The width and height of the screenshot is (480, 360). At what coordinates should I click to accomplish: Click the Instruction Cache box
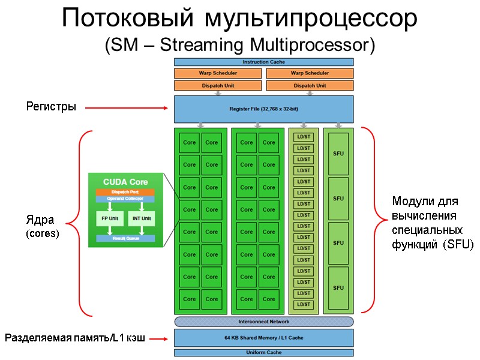pyautogui.click(x=263, y=62)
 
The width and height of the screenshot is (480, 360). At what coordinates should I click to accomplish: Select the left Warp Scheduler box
pyautogui.click(x=218, y=73)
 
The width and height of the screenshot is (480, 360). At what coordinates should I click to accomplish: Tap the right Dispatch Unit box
pyautogui.click(x=310, y=86)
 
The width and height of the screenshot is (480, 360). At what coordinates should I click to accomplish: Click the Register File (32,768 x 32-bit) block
pyautogui.click(x=263, y=109)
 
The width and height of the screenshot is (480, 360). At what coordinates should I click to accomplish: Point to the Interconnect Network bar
pyautogui.click(x=263, y=322)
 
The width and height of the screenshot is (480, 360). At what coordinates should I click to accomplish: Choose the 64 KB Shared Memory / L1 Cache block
pyautogui.click(x=263, y=338)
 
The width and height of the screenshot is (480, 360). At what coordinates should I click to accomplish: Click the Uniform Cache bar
pyautogui.click(x=263, y=353)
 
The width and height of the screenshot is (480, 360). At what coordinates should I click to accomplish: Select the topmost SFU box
pyautogui.click(x=338, y=153)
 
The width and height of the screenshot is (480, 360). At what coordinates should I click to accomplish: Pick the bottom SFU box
pyautogui.click(x=338, y=288)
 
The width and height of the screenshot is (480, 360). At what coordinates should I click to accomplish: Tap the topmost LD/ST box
pyautogui.click(x=304, y=137)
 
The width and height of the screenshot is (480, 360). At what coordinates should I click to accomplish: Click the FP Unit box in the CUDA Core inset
pyautogui.click(x=109, y=219)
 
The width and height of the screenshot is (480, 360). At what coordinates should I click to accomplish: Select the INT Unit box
pyautogui.click(x=141, y=219)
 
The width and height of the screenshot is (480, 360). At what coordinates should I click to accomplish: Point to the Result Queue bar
pyautogui.click(x=125, y=238)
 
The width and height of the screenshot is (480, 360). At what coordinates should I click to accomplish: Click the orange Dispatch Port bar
pyautogui.click(x=125, y=192)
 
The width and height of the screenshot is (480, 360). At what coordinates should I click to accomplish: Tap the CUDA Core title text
pyautogui.click(x=125, y=181)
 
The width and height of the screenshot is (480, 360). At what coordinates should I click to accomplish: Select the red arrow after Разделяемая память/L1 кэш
pyautogui.click(x=159, y=339)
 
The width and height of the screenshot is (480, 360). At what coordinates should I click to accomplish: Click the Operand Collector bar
pyautogui.click(x=125, y=199)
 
